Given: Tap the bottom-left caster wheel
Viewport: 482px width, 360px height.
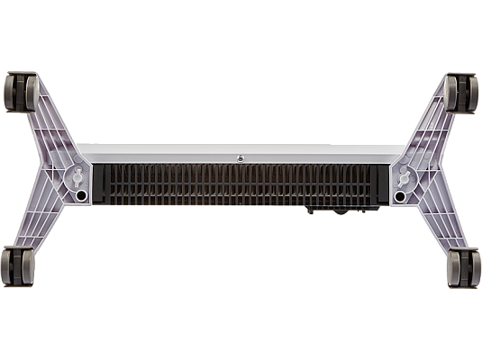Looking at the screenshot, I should pyautogui.click(x=18, y=268).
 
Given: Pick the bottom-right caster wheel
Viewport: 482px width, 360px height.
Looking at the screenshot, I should pyautogui.click(x=464, y=268).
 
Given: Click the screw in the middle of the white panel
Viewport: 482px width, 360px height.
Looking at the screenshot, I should pyautogui.click(x=241, y=157).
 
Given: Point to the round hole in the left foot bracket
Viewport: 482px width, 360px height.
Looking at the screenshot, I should pyautogui.click(x=82, y=193).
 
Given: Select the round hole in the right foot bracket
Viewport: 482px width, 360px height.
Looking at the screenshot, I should pyautogui.click(x=400, y=193).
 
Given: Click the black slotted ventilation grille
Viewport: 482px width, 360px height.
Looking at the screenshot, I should pyautogui.click(x=241, y=184).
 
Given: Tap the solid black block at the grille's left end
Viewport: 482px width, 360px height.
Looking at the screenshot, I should pyautogui.click(x=101, y=184).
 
